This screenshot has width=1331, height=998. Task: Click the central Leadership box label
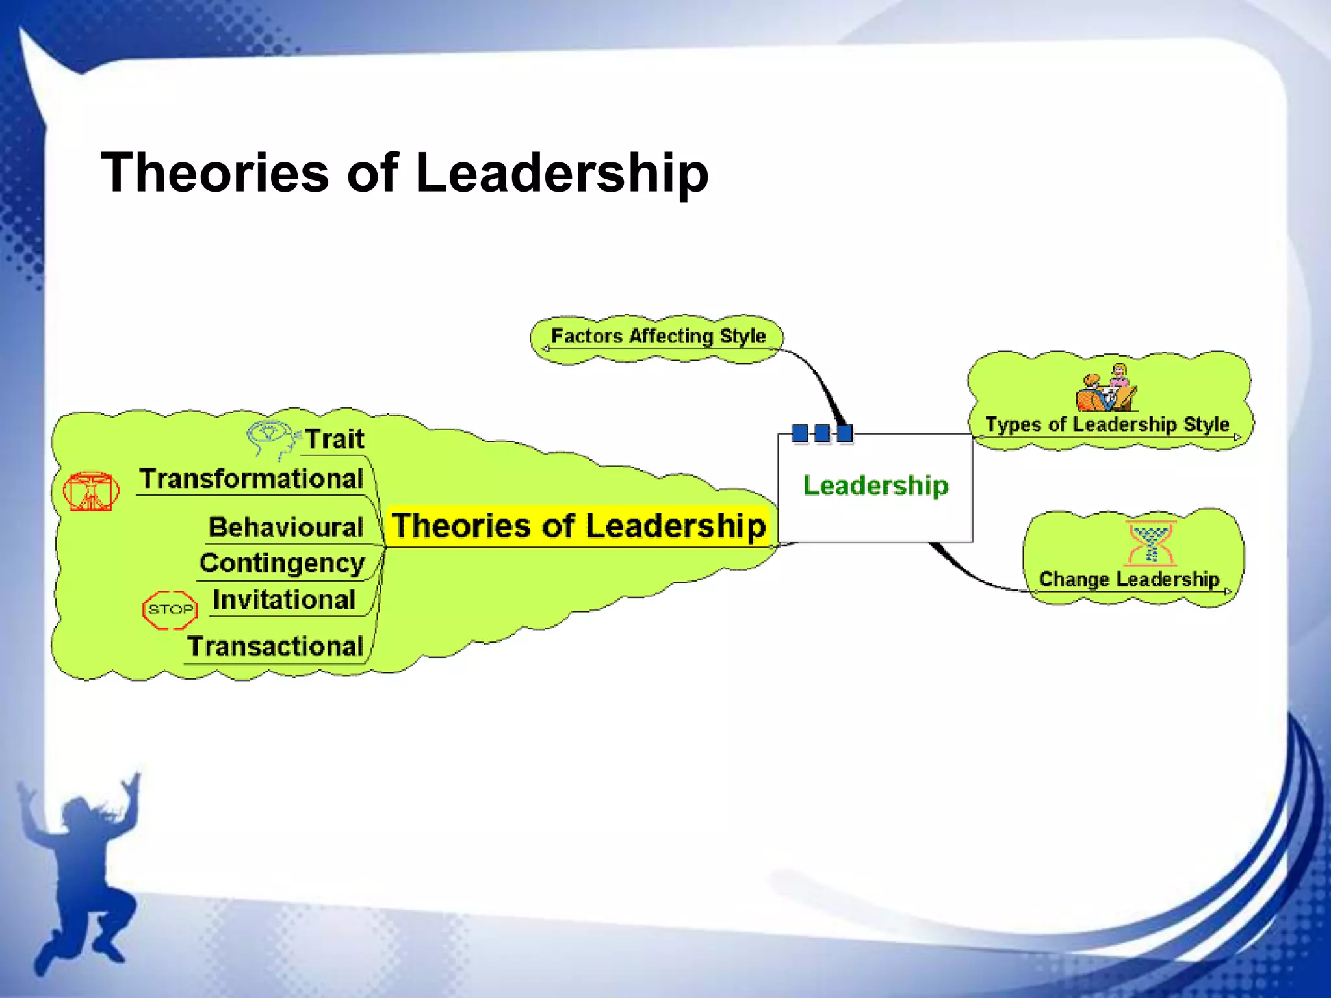tap(875, 485)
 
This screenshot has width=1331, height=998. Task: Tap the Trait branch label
tap(335, 439)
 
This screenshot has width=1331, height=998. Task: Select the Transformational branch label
tap(252, 479)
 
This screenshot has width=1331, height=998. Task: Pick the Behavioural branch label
tap(286, 527)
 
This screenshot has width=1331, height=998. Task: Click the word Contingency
tap(282, 563)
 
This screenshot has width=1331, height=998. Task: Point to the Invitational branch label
tap(284, 600)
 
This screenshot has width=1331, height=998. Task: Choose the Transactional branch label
tap(276, 646)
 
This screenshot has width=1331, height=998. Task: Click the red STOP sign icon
tap(170, 609)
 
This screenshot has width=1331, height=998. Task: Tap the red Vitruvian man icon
tap(91, 491)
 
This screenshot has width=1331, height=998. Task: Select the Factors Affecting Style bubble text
tap(658, 336)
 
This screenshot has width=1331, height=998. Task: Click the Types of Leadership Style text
tap(1107, 424)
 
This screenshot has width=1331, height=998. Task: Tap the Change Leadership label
tap(1129, 579)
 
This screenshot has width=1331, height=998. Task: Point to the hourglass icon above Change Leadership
tap(1151, 543)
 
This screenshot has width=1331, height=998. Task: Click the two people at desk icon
tap(1107, 389)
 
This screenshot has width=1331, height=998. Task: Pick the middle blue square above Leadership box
tap(822, 433)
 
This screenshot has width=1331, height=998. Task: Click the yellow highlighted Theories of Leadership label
tap(579, 526)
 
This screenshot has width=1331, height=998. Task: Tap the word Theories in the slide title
tap(215, 173)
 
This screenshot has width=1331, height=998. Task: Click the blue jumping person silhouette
tap(81, 871)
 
